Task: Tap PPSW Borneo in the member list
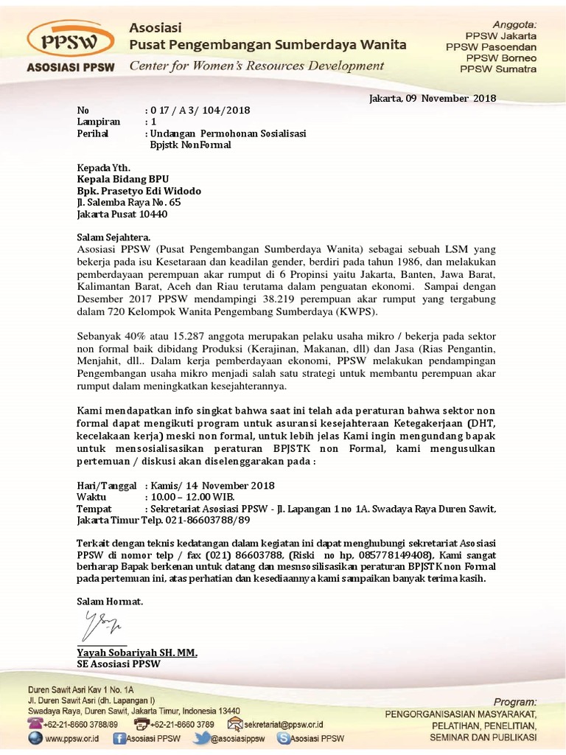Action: pos(500,58)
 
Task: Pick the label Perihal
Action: pos(93,133)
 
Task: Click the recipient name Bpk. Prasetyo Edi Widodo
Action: pos(139,190)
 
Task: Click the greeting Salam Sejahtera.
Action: pos(113,237)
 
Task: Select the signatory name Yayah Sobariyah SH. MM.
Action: pos(138,653)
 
